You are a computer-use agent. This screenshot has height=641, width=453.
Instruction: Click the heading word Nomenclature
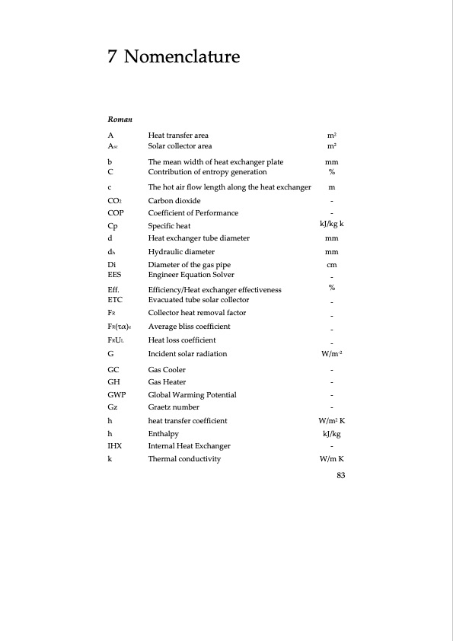[x=181, y=56]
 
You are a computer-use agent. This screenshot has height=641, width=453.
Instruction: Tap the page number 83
[x=341, y=476]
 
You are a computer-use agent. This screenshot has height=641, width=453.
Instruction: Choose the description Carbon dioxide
[x=174, y=200]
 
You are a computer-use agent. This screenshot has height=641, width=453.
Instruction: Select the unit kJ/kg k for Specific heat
[x=332, y=225]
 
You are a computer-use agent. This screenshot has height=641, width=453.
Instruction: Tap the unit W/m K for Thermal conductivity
[x=332, y=459]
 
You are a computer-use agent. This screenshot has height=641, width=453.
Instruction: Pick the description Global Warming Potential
[x=192, y=395]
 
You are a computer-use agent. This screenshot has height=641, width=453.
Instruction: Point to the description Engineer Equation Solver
[x=191, y=274]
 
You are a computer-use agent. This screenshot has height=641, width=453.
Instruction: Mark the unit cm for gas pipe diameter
[x=332, y=265]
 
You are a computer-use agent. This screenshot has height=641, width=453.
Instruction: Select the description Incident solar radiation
[x=187, y=354]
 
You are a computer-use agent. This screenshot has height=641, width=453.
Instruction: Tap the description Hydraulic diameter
[x=181, y=252]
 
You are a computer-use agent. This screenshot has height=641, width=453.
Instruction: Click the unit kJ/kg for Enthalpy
[x=332, y=433]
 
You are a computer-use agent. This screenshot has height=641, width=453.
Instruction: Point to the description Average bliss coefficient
[x=189, y=327]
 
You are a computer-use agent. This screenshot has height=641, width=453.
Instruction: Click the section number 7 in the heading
[x=112, y=56]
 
